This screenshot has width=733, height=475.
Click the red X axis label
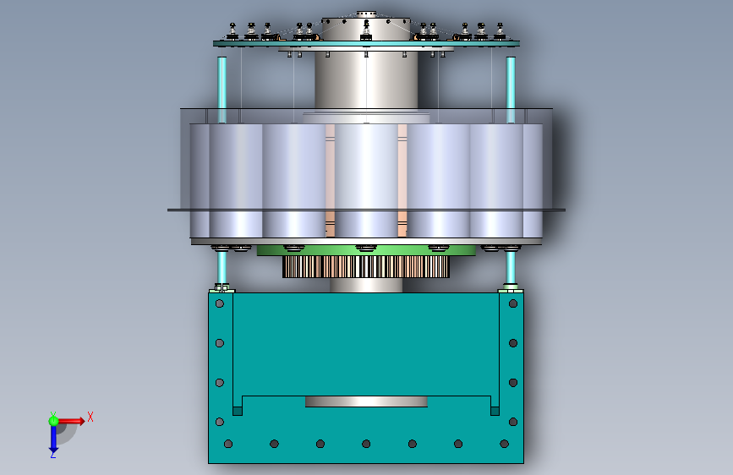(x=90, y=417)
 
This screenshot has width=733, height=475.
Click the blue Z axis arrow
(x=53, y=440)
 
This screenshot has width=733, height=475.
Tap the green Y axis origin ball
(x=53, y=421)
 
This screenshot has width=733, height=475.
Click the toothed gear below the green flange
(x=365, y=266)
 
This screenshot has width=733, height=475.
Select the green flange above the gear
(x=366, y=250)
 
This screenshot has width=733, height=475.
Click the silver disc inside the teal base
(x=366, y=401)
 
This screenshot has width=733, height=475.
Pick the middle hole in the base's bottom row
(x=366, y=444)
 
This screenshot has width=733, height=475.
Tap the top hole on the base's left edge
(x=219, y=304)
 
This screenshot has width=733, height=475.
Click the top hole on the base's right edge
(x=513, y=304)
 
